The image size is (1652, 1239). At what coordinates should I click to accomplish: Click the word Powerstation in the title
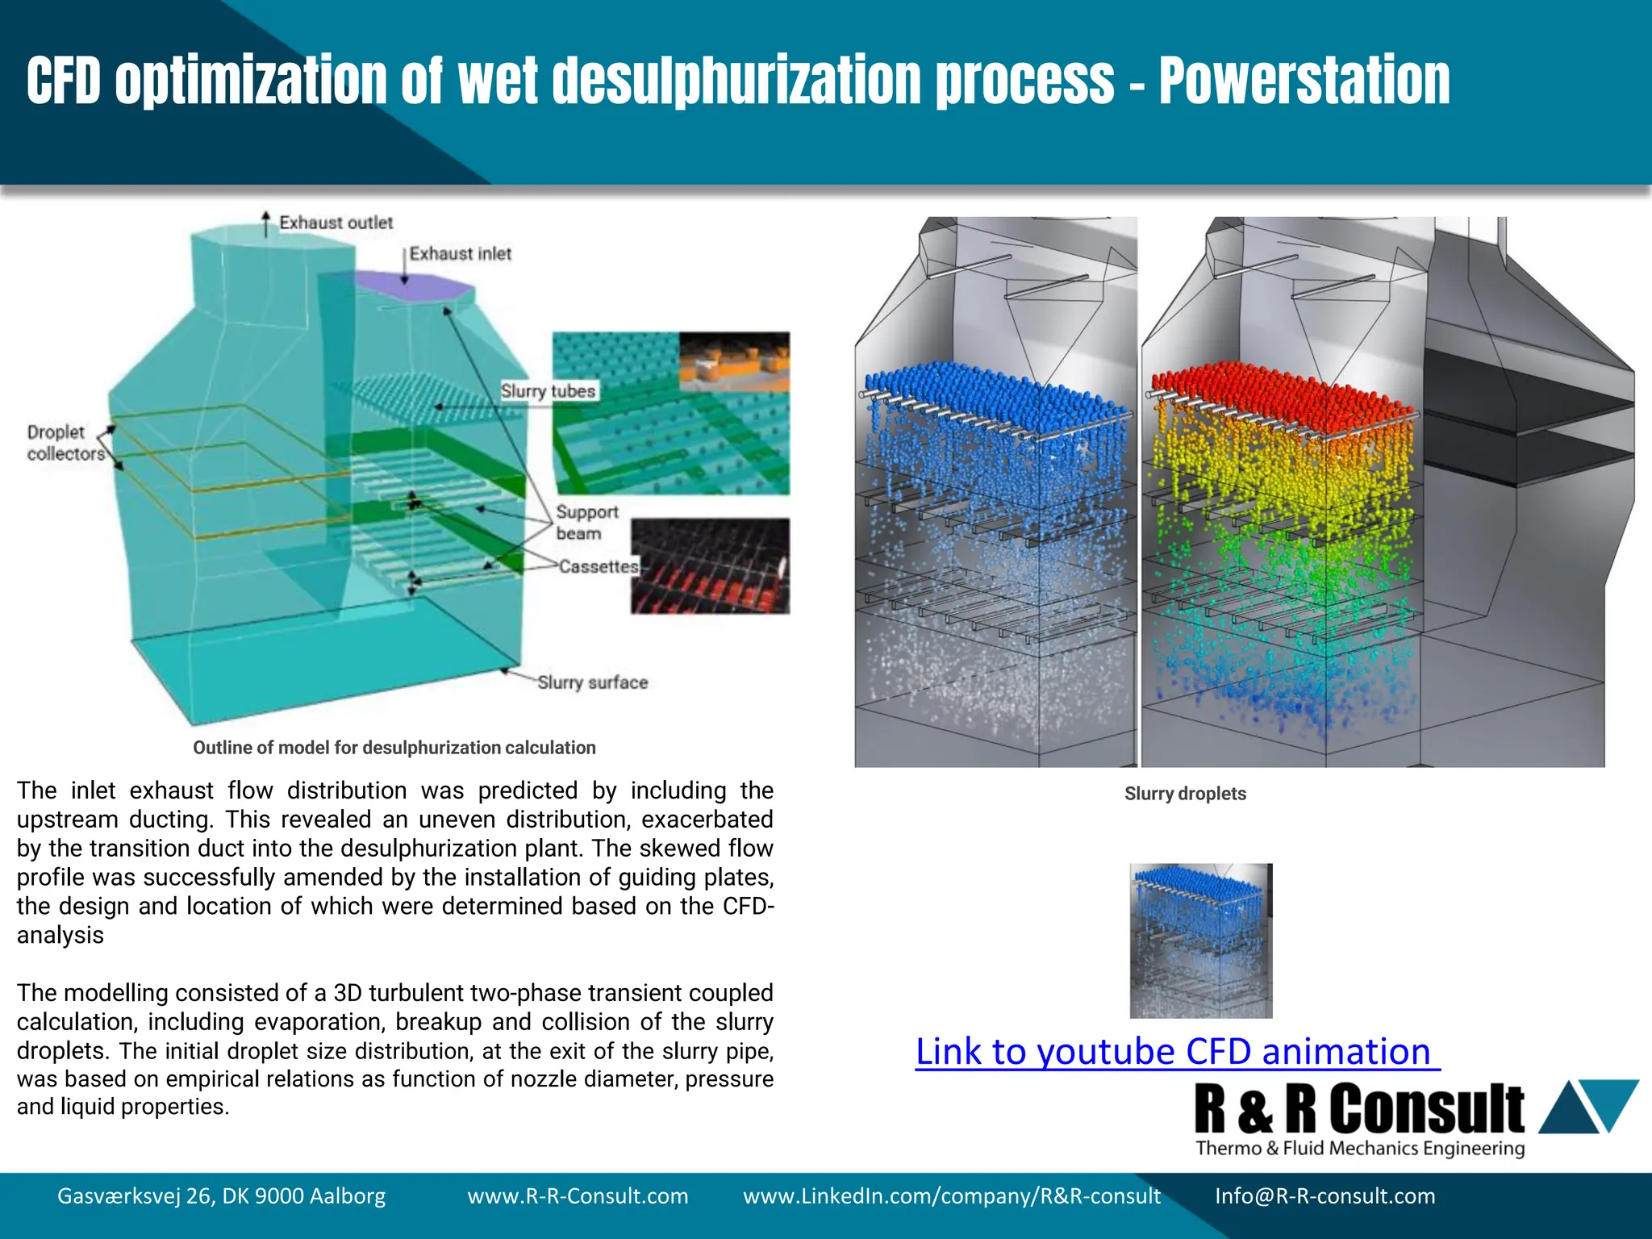point(1304,81)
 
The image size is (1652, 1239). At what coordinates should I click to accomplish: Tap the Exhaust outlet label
point(336,223)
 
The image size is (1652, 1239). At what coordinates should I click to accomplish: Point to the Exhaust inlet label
point(460,254)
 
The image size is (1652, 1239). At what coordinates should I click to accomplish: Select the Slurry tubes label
point(548,391)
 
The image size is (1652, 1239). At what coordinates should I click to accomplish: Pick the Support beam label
point(586,523)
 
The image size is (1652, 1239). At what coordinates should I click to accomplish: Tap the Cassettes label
point(598,567)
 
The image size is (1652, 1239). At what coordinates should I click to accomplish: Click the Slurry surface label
point(592,682)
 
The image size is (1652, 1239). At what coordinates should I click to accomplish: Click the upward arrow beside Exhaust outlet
point(266,223)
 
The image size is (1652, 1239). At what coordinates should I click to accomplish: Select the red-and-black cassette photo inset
point(710,566)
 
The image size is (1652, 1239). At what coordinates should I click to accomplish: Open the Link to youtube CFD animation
point(1177,1052)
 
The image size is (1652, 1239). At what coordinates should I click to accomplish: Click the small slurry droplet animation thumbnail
point(1201,941)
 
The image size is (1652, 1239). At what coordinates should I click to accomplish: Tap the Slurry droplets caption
point(1185,794)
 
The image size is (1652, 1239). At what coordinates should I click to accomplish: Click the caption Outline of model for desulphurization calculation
point(394,748)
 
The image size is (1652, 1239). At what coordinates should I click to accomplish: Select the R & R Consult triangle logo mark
point(1587,1105)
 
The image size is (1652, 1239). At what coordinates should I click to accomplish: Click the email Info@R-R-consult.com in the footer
point(1325,1195)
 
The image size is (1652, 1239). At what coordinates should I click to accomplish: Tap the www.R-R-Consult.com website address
point(578,1195)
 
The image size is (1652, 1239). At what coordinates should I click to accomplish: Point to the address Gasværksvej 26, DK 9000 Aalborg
point(221,1195)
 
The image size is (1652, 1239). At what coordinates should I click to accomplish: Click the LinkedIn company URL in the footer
point(952,1195)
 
